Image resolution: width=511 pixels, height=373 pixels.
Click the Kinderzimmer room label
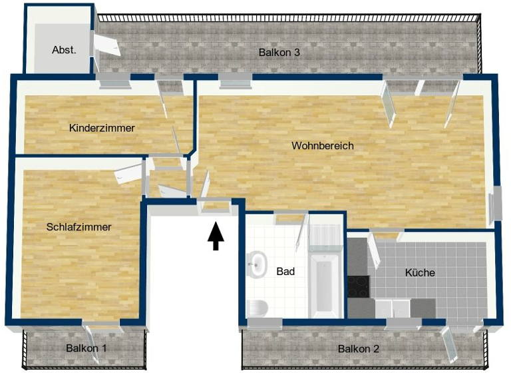[x=102, y=128]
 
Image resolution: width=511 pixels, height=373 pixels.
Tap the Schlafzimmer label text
[x=79, y=227]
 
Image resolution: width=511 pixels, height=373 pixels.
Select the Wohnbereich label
[x=323, y=146]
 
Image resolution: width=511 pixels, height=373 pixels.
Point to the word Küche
[x=420, y=272]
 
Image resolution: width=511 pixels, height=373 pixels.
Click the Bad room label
[x=285, y=272]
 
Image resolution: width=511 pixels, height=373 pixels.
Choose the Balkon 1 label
[x=86, y=348]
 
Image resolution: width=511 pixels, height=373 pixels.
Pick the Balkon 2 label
[x=358, y=348]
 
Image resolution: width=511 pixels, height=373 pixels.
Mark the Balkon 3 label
[x=279, y=51]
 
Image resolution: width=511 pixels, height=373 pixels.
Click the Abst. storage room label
[x=64, y=49]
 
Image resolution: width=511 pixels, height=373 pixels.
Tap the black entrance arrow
[x=215, y=236]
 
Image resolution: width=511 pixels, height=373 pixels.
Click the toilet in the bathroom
[x=257, y=308]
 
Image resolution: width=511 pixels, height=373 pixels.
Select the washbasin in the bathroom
[x=255, y=264]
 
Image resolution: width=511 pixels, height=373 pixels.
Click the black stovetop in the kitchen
[x=358, y=286]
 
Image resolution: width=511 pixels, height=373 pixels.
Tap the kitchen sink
[x=393, y=308]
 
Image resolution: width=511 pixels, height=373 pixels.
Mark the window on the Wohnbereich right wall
[x=496, y=206]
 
